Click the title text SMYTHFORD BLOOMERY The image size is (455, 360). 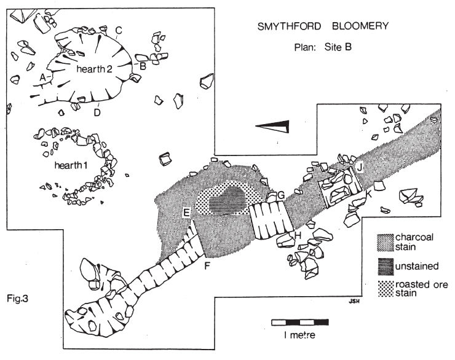point(323,26)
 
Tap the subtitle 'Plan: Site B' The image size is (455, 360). point(323,47)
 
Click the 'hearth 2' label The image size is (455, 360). point(94,69)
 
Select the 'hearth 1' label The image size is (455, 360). point(71,165)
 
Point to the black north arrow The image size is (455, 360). point(272,127)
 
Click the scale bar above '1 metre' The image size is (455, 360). point(300,323)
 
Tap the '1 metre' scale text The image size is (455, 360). point(299,335)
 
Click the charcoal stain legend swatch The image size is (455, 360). point(385,242)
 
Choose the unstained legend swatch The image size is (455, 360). point(386,267)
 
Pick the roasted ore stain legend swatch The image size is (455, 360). point(386,289)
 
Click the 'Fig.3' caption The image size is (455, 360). point(17,299)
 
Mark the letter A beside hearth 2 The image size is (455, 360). point(42,77)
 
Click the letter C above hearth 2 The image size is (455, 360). point(119,30)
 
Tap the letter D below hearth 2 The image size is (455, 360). point(97,112)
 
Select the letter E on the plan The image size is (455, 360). point(186,213)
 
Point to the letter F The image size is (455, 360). point(207,265)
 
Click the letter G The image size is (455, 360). point(281,196)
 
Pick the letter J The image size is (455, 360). point(360,167)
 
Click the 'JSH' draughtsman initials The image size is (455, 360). point(354,302)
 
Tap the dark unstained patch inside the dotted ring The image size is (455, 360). point(228,200)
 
